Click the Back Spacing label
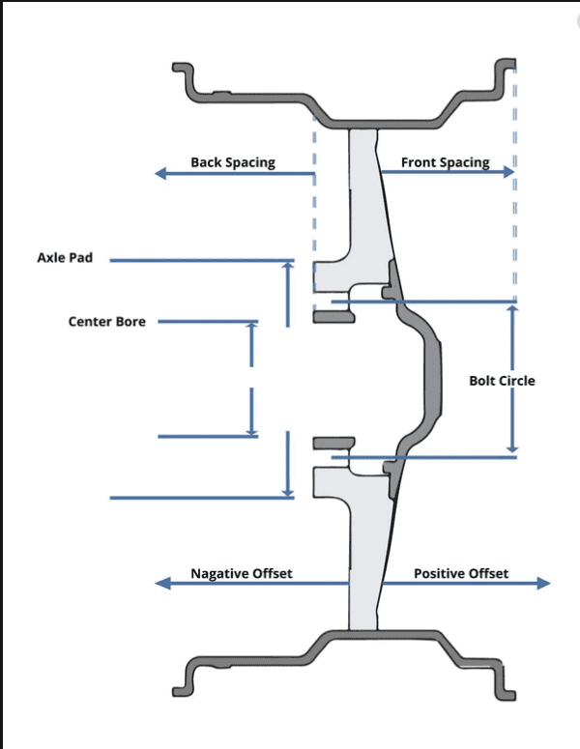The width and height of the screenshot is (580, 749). (233, 162)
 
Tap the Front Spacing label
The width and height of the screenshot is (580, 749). (446, 162)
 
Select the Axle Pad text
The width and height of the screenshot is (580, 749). (65, 257)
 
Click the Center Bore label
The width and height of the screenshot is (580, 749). (107, 322)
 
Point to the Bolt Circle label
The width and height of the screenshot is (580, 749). (502, 381)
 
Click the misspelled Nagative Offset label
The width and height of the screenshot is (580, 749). (242, 573)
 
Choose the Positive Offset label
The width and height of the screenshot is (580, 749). (461, 573)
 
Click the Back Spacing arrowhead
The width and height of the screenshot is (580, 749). (161, 173)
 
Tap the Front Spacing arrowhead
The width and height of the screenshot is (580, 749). (508, 172)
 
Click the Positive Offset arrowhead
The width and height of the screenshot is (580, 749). (543, 583)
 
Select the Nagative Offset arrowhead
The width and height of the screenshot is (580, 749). (162, 583)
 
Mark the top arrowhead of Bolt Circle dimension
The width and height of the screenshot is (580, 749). (512, 309)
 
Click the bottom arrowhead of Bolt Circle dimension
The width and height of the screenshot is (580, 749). (512, 448)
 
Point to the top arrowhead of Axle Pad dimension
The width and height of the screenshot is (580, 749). (288, 265)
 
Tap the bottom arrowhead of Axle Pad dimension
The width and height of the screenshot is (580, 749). (288, 493)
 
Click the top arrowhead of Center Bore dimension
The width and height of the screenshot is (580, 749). (251, 326)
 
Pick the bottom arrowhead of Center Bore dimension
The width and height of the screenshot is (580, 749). (251, 432)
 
